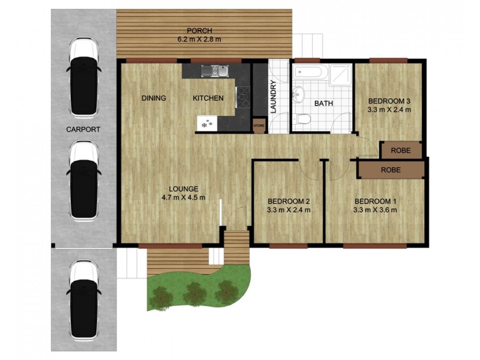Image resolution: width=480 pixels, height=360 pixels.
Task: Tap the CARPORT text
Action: click(83, 129)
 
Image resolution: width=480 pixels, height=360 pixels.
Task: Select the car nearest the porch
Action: click(83, 77)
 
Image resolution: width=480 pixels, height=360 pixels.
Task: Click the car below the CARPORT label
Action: click(83, 180)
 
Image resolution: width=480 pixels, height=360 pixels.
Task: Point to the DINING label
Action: click(154, 98)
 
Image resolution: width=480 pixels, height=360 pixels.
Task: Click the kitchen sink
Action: click(215, 70)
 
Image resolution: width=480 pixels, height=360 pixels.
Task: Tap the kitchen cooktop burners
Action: click(243, 97)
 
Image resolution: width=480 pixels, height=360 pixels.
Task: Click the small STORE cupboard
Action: click(259, 125)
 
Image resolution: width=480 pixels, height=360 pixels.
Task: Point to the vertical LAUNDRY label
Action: click(273, 97)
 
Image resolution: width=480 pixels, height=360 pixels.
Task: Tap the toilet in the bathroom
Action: click(304, 119)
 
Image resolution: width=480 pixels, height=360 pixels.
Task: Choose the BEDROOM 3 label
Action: click(389, 101)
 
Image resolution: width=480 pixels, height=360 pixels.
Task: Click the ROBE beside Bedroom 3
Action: click(401, 151)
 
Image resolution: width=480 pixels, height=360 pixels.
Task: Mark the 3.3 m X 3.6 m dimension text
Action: click(375, 210)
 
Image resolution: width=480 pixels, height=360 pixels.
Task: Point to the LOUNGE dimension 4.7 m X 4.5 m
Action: click(184, 197)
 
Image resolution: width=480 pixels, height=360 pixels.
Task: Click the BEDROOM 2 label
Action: click(289, 201)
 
